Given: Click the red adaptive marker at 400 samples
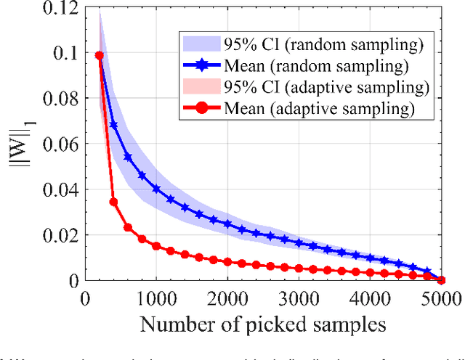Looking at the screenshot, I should pyautogui.click(x=113, y=202).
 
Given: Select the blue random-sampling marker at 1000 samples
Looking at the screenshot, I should pyautogui.click(x=156, y=189).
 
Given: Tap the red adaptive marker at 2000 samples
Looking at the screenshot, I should pyautogui.click(x=227, y=262).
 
